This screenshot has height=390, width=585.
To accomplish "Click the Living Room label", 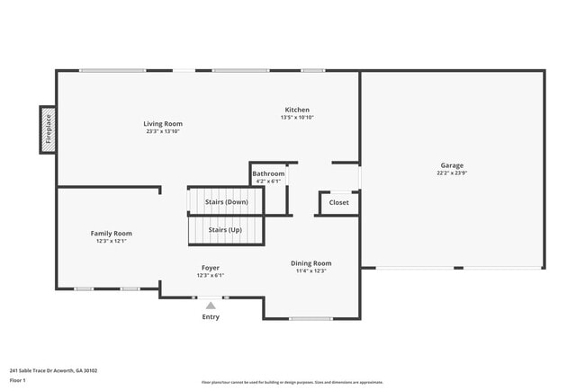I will [x=163, y=124].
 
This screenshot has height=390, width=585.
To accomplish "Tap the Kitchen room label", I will [x=297, y=110].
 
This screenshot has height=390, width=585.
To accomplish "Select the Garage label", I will [x=452, y=166].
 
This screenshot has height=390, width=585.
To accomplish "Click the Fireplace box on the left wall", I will [x=48, y=130].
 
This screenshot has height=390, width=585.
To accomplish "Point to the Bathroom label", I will [x=268, y=173].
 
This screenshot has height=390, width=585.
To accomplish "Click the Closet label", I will [x=338, y=203].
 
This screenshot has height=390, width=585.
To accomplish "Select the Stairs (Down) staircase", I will [x=226, y=202].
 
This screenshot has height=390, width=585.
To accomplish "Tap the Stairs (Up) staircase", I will [x=225, y=231].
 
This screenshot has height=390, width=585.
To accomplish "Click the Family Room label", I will [x=112, y=234].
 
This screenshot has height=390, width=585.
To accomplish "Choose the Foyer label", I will [x=210, y=268].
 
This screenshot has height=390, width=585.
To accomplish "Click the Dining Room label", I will [x=310, y=263].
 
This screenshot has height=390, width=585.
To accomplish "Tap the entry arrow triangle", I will [x=211, y=306].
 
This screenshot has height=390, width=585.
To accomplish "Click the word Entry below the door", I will [x=211, y=316].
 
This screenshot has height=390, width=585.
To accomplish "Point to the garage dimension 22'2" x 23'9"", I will [x=452, y=173].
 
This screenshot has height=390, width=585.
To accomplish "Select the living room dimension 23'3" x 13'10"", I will [x=163, y=131].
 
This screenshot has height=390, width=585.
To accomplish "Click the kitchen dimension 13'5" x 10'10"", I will [x=297, y=118].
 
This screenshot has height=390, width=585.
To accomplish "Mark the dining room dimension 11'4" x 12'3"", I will [x=310, y=270].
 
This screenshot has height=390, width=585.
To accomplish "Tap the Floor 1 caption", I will [x=18, y=380].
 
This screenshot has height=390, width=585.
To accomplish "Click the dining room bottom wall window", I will [x=310, y=318].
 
